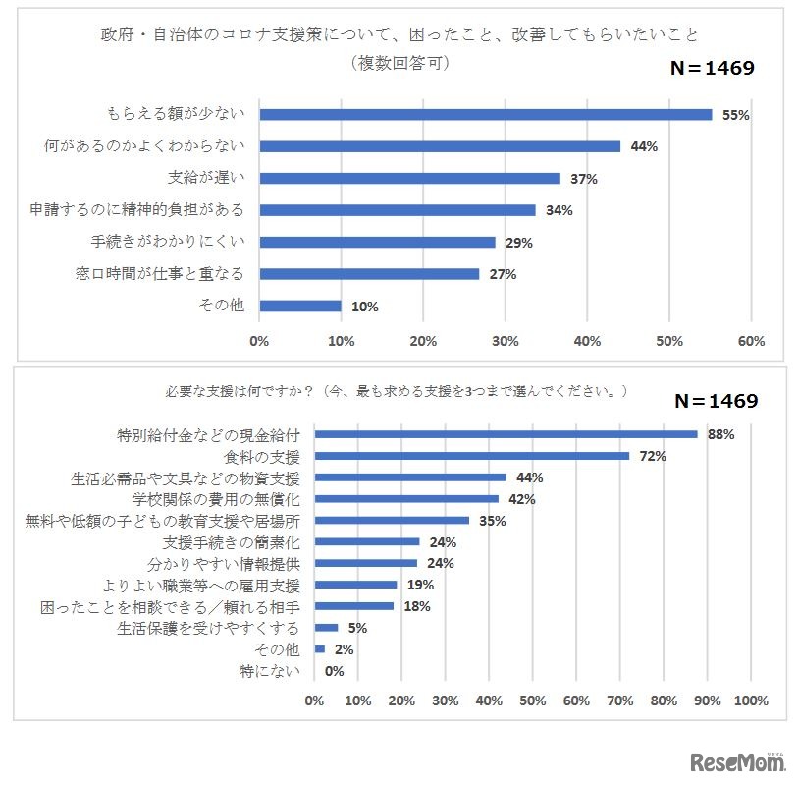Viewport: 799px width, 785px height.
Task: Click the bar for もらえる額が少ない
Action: click(x=485, y=114)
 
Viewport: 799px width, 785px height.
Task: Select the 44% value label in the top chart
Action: click(x=644, y=146)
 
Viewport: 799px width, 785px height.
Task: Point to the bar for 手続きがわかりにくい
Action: click(x=377, y=242)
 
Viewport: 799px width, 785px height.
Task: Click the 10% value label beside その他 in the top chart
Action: click(x=364, y=307)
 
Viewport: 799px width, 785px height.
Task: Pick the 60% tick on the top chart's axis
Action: click(x=751, y=341)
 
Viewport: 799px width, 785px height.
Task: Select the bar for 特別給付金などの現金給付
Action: click(x=506, y=434)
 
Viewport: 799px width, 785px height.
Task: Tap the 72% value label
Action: click(x=653, y=456)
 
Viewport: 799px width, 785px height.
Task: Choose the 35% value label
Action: click(x=492, y=521)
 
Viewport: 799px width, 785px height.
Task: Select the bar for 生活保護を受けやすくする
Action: click(x=326, y=627)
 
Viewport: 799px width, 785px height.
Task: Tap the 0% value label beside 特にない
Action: click(x=334, y=671)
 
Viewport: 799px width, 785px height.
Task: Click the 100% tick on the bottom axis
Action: click(x=750, y=701)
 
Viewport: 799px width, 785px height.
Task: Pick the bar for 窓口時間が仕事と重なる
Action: click(x=369, y=274)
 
